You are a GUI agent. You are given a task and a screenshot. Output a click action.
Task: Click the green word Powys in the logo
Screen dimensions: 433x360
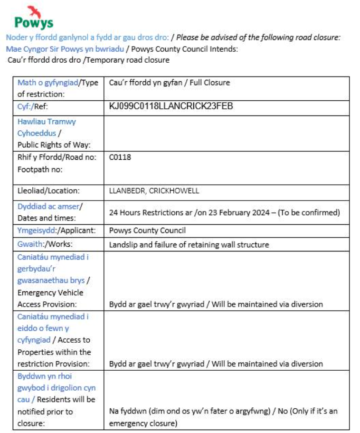click(x=33, y=23)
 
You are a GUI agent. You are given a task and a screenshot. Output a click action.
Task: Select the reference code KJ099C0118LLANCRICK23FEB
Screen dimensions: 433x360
click(x=171, y=106)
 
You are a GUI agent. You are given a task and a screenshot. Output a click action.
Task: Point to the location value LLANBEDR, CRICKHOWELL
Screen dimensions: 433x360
click(x=154, y=191)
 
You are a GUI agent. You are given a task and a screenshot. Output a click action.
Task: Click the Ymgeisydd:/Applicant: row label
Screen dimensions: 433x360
click(x=57, y=231)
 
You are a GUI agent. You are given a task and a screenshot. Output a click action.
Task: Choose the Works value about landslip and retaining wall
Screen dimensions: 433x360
click(x=189, y=245)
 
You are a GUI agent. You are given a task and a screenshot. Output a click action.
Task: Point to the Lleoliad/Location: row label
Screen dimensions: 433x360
click(x=48, y=191)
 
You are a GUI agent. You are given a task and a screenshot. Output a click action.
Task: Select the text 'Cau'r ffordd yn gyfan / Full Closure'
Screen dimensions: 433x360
click(x=169, y=83)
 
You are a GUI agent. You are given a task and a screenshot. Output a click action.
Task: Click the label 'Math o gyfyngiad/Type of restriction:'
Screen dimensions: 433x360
click(x=57, y=88)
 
